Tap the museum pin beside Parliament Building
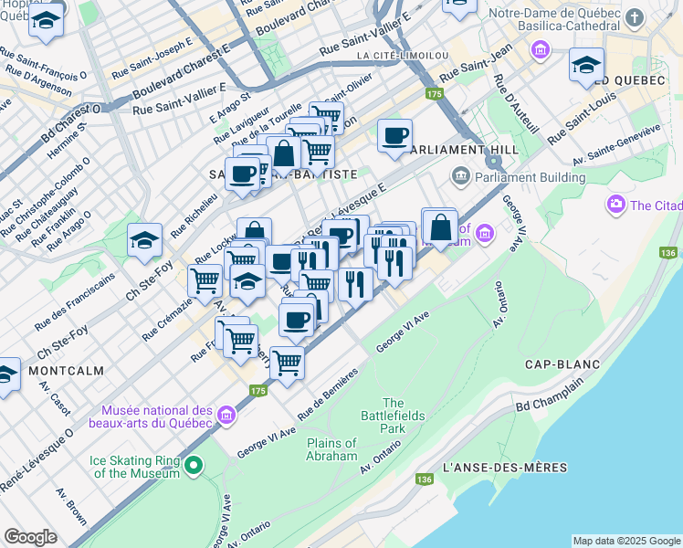click(459, 175)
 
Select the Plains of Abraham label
click(331, 449)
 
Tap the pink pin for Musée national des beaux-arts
click(226, 416)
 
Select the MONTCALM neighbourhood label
click(65, 371)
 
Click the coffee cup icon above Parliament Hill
click(394, 136)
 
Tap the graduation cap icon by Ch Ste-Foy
click(144, 240)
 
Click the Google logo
click(30, 537)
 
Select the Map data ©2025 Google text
click(626, 541)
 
